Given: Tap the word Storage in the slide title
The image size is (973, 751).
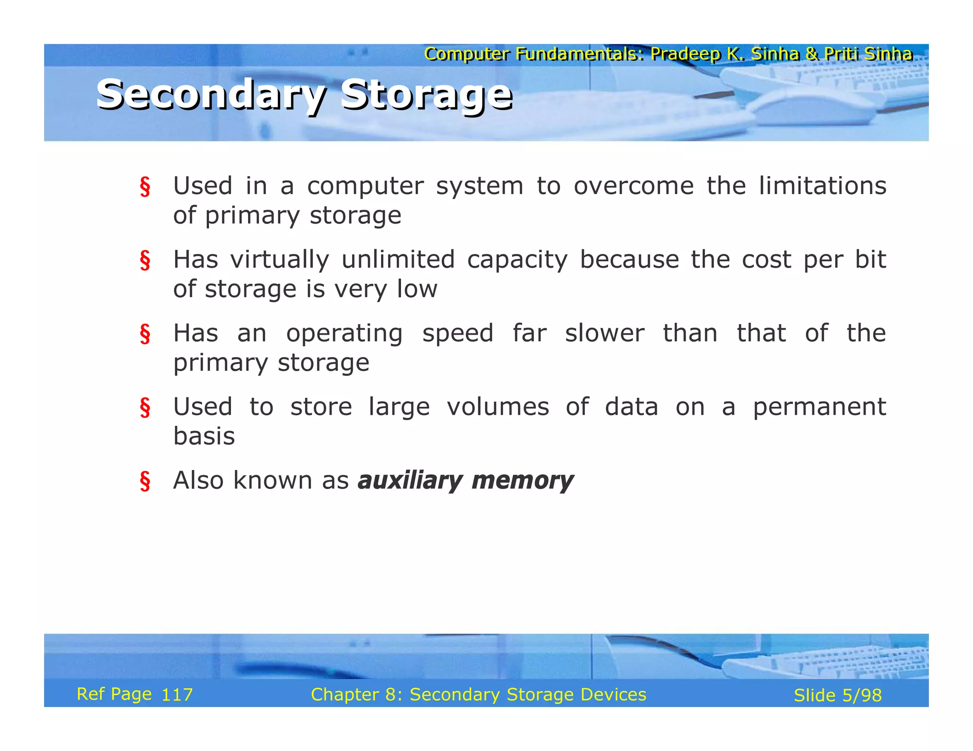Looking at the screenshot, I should pos(426,94).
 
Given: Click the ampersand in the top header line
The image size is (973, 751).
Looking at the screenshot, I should pos(812,54).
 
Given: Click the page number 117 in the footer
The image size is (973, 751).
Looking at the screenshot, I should pos(177,695).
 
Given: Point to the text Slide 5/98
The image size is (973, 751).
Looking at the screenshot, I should pos(837,695).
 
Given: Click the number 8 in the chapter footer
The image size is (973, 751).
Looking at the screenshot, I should pos(391,695).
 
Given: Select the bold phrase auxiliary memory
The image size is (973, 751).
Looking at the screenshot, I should pos(466,480).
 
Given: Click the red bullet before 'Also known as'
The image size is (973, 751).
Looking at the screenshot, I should pos(145,481).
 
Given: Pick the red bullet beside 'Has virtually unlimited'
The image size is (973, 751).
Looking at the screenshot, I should pos(145,261).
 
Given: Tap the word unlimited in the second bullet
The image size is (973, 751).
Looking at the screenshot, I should pos(398,260).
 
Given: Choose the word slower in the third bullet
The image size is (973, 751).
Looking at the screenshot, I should pos(604,333).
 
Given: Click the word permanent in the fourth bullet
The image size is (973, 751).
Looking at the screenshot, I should pos(819,407).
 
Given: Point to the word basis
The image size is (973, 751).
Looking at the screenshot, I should pos(204,436).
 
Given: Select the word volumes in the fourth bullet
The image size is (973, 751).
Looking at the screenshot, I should pos(497,407).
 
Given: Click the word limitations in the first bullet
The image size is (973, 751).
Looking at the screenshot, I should pos(822,186).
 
